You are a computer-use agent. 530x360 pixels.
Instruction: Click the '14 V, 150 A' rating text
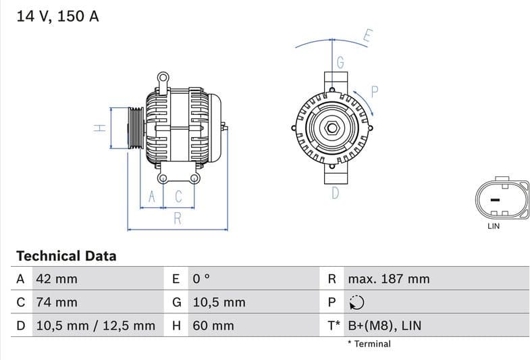[57, 16]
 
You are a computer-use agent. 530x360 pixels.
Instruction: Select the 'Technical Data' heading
[66, 256]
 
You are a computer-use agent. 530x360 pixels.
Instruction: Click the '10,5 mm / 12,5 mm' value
[95, 326]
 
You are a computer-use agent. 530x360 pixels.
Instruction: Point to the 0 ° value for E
[201, 279]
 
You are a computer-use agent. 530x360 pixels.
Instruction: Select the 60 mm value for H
[213, 326]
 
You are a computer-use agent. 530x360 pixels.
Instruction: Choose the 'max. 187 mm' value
[388, 279]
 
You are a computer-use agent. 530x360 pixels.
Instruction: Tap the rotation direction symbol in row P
[357, 303]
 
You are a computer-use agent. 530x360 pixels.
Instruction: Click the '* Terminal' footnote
[369, 344]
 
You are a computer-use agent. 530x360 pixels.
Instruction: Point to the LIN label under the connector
[494, 226]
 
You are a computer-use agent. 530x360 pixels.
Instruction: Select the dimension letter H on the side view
[99, 128]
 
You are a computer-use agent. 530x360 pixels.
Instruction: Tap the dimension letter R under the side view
[178, 218]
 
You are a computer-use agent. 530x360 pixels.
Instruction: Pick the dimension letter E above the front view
[367, 36]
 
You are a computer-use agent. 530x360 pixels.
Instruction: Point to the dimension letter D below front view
[336, 194]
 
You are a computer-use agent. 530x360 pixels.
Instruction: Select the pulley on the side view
[136, 128]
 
